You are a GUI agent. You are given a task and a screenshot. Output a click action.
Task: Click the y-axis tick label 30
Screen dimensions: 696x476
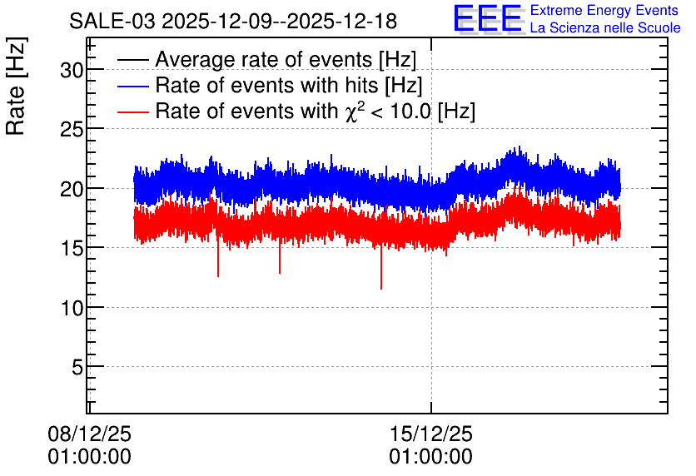point(72,70)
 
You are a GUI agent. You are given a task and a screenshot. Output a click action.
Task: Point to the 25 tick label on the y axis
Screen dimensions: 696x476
point(72,129)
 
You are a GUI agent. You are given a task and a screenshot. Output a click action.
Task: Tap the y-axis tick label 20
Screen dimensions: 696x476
point(72,189)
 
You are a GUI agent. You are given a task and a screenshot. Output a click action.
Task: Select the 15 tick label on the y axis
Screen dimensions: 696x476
point(72,248)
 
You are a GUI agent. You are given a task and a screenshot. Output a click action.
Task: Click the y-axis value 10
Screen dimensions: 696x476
point(72,307)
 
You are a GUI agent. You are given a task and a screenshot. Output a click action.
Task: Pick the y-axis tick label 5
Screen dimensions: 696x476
point(77,367)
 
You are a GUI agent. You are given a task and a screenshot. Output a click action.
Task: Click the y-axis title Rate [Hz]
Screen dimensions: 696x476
point(16,87)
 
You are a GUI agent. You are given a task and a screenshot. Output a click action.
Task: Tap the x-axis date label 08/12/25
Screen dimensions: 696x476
point(90,434)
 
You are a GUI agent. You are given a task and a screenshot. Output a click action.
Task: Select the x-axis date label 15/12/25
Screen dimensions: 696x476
point(431,434)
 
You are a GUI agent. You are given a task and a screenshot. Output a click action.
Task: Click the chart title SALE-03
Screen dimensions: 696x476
point(112,22)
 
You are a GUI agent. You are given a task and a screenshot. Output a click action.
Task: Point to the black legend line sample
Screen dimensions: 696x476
point(133,60)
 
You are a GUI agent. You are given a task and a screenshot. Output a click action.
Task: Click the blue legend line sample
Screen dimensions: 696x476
point(133,86)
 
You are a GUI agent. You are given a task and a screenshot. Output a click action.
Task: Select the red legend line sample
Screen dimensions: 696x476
point(133,112)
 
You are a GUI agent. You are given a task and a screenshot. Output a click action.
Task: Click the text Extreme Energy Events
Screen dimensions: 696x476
point(604,10)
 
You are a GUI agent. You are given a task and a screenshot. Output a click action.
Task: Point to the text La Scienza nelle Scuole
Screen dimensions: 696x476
point(605,27)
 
